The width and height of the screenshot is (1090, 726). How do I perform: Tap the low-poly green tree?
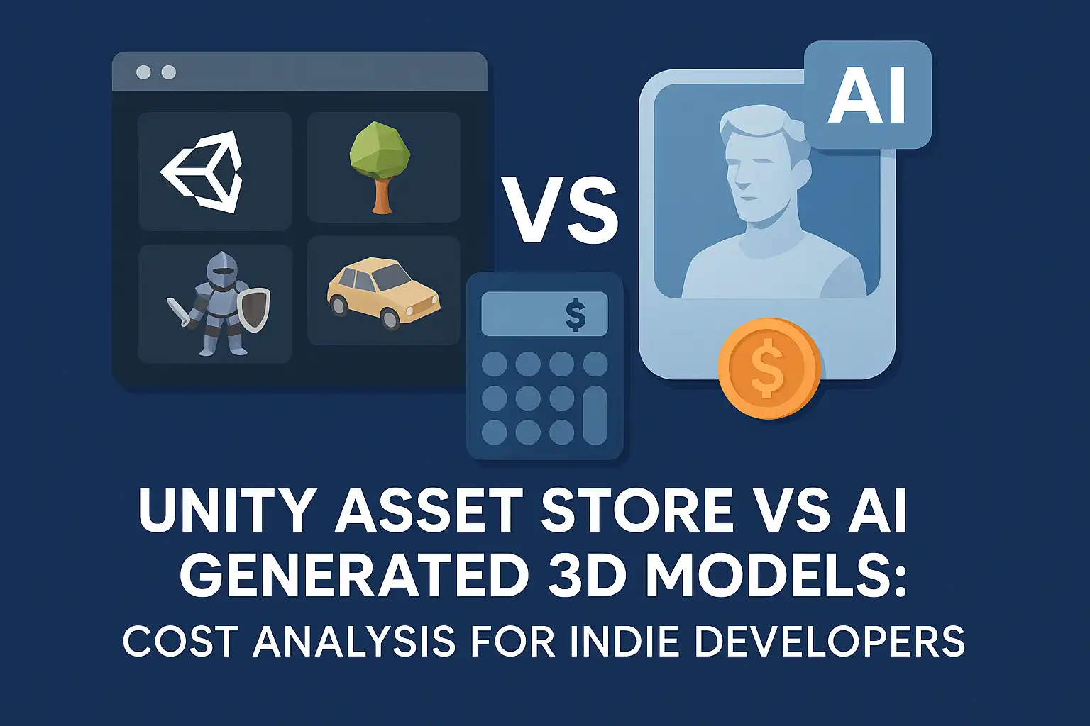point(380,163)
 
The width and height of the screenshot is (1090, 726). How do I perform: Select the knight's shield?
point(255,308)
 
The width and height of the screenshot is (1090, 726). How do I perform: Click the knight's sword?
point(179,312)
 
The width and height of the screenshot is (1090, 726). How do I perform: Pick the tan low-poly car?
point(383,293)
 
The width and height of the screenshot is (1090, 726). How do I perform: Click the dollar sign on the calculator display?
point(576,314)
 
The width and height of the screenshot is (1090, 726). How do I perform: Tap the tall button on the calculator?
point(595,415)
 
